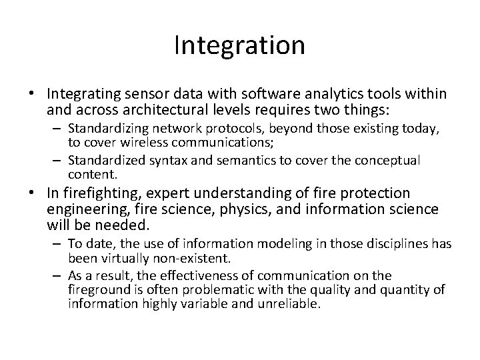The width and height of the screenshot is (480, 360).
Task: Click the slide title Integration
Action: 239,46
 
